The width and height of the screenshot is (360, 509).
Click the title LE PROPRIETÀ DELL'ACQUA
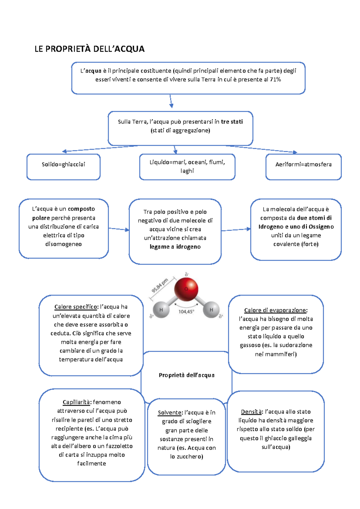point(89,49)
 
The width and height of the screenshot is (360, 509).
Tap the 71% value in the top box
point(275,80)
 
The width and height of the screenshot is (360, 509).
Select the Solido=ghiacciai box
point(63,167)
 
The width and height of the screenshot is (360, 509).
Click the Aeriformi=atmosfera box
point(303,167)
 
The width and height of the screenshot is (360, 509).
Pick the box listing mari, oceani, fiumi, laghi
point(187,167)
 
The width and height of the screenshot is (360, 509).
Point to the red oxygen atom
point(186,289)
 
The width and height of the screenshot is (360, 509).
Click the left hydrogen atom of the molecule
point(161,309)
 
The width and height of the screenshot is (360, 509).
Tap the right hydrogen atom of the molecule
point(211,309)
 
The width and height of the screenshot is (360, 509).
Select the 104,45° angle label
point(187,312)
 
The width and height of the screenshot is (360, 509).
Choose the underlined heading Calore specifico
point(76,307)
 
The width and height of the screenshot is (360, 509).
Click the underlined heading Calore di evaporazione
point(276,310)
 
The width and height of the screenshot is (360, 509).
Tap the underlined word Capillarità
point(76,402)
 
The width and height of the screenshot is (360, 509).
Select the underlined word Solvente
point(170,412)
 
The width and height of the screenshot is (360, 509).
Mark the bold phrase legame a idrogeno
point(175,247)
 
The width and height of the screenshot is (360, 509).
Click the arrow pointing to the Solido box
point(100,148)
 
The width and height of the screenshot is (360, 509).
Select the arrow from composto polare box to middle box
point(119,229)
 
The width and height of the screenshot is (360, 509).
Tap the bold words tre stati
point(232,122)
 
